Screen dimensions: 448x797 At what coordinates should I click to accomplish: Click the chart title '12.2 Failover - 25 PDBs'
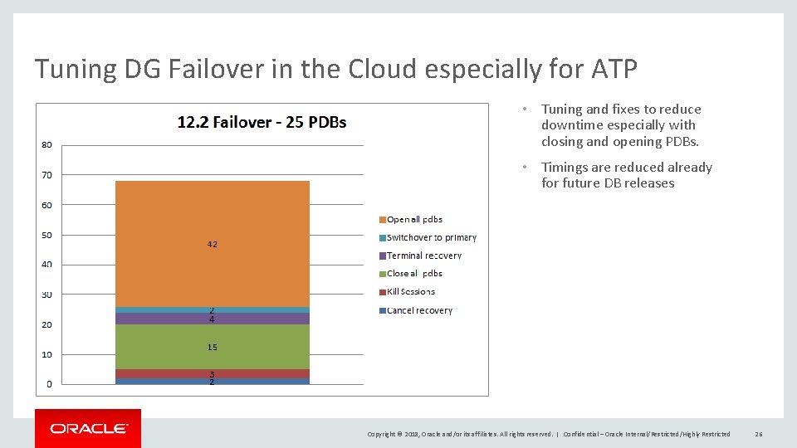pyautogui.click(x=262, y=122)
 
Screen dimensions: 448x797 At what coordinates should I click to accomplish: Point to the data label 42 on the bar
pyautogui.click(x=212, y=245)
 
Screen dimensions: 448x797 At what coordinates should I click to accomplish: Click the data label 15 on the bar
pyautogui.click(x=212, y=347)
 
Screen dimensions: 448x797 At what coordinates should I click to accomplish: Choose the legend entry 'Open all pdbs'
pyautogui.click(x=414, y=220)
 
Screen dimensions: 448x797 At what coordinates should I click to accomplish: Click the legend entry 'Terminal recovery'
pyautogui.click(x=423, y=256)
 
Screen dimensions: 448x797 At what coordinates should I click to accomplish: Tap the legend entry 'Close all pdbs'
pyautogui.click(x=414, y=274)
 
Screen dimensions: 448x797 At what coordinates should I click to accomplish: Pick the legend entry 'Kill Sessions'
pyautogui.click(x=410, y=292)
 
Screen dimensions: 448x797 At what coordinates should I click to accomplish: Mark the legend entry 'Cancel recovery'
pyautogui.click(x=419, y=310)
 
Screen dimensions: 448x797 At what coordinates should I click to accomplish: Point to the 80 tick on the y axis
pyautogui.click(x=46, y=145)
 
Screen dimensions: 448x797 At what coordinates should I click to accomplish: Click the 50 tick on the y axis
pyautogui.click(x=46, y=235)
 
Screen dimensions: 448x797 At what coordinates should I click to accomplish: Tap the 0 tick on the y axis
pyautogui.click(x=49, y=384)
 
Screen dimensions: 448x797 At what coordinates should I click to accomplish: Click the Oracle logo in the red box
pyautogui.click(x=88, y=429)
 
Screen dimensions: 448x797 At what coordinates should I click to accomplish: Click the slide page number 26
pyautogui.click(x=759, y=434)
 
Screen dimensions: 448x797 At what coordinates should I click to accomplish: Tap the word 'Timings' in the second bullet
pyautogui.click(x=565, y=168)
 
